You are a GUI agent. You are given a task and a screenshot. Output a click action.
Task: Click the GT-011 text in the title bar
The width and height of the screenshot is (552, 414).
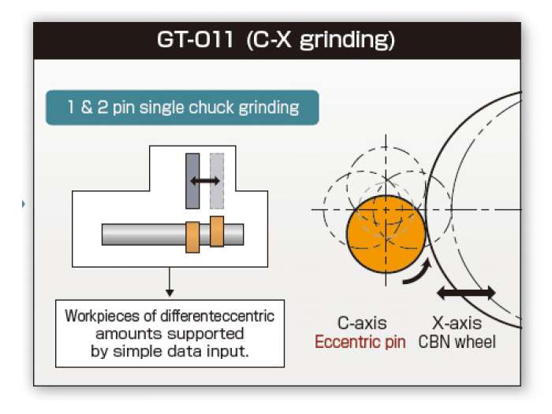[195, 39]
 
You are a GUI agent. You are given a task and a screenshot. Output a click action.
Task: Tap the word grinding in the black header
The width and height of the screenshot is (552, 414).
[347, 41]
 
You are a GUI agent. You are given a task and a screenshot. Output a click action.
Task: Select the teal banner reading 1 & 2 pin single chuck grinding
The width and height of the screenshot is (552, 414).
[182, 108]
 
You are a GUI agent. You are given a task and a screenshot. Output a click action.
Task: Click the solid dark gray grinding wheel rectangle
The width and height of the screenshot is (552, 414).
[192, 181]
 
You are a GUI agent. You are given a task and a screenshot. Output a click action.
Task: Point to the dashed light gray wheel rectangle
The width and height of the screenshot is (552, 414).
[217, 181]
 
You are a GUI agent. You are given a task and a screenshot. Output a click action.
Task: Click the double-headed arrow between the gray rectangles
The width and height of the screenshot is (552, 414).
[205, 181]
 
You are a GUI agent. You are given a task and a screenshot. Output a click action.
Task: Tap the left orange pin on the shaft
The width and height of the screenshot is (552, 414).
[192, 237]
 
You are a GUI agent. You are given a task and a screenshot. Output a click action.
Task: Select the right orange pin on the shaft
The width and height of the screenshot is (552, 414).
[217, 231]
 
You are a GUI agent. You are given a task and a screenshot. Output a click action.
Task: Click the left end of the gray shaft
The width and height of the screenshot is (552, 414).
[103, 235]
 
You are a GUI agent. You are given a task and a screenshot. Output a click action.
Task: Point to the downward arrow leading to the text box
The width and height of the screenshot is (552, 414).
[170, 282]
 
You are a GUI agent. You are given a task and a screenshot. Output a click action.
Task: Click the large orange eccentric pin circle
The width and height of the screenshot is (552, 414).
[386, 235]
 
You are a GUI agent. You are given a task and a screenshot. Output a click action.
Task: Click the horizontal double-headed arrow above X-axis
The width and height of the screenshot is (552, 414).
[466, 293]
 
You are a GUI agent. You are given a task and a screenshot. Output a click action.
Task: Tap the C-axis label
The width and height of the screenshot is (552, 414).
[362, 323]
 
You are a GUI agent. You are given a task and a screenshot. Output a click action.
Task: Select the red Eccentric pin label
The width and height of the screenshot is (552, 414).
[360, 342]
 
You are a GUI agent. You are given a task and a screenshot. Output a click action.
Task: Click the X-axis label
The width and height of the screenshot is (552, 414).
[457, 323]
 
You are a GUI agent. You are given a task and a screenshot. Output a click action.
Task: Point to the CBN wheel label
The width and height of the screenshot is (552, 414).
[457, 342]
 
